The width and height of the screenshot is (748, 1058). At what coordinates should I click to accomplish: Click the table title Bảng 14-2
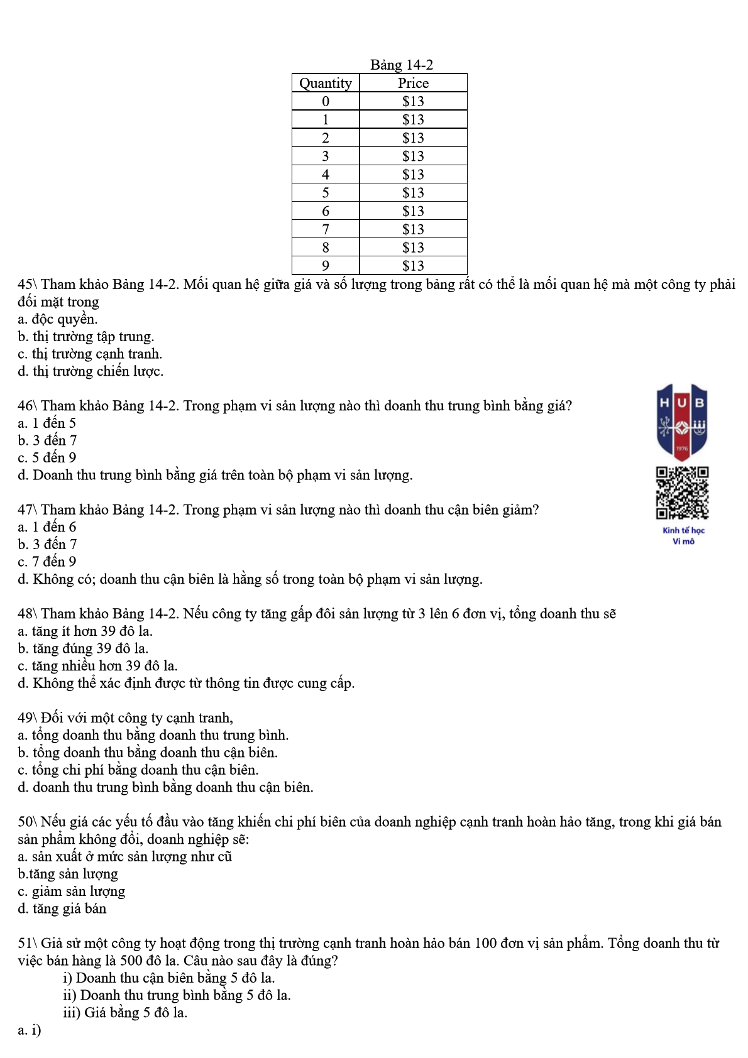click(x=401, y=65)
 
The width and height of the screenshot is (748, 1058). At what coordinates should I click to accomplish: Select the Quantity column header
click(x=325, y=83)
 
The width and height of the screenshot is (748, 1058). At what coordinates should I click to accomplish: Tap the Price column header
click(x=413, y=83)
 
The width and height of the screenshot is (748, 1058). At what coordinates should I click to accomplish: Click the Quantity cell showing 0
click(x=325, y=101)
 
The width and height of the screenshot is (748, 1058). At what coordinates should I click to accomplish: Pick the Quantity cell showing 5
click(x=325, y=193)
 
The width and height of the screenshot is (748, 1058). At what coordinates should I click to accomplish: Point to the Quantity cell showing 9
click(x=325, y=266)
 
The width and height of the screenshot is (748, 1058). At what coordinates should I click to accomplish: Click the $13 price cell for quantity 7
click(x=413, y=229)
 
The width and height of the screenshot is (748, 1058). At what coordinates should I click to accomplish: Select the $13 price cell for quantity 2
click(x=413, y=138)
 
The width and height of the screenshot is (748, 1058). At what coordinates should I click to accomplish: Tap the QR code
click(x=682, y=493)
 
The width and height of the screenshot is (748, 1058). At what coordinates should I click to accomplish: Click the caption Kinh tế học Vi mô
click(x=683, y=535)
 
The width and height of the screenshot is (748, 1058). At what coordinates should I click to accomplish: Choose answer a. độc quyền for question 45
click(x=58, y=319)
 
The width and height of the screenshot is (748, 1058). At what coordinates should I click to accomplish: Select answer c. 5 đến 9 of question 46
click(x=47, y=457)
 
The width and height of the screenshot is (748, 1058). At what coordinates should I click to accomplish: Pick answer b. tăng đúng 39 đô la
click(x=83, y=648)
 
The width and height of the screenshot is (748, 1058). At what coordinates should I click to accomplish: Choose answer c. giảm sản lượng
click(x=71, y=891)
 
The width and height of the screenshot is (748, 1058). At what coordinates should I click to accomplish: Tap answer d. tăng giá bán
click(x=62, y=908)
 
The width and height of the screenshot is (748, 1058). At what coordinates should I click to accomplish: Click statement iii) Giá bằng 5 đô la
click(x=125, y=1012)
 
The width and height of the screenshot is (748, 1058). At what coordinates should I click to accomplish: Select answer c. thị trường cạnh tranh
click(x=90, y=354)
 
